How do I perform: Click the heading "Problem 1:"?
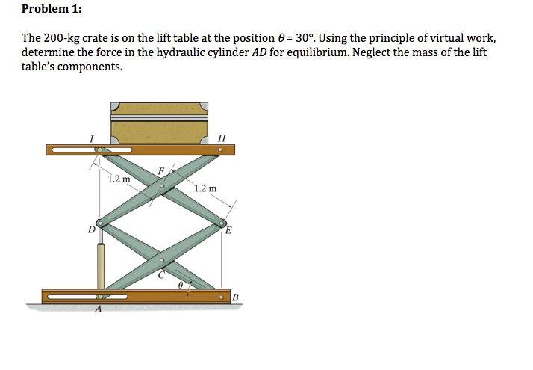point(52,10)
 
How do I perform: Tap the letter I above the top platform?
point(91,138)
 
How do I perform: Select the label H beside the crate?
point(221,138)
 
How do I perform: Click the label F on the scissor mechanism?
point(160,171)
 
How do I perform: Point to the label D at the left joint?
point(91,229)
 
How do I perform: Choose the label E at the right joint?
point(229,230)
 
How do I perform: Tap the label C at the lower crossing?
point(160,275)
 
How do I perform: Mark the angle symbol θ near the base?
point(180,285)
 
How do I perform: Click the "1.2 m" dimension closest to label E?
point(205,188)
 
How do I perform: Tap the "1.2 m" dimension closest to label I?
point(119,179)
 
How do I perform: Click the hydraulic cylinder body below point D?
point(99,265)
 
